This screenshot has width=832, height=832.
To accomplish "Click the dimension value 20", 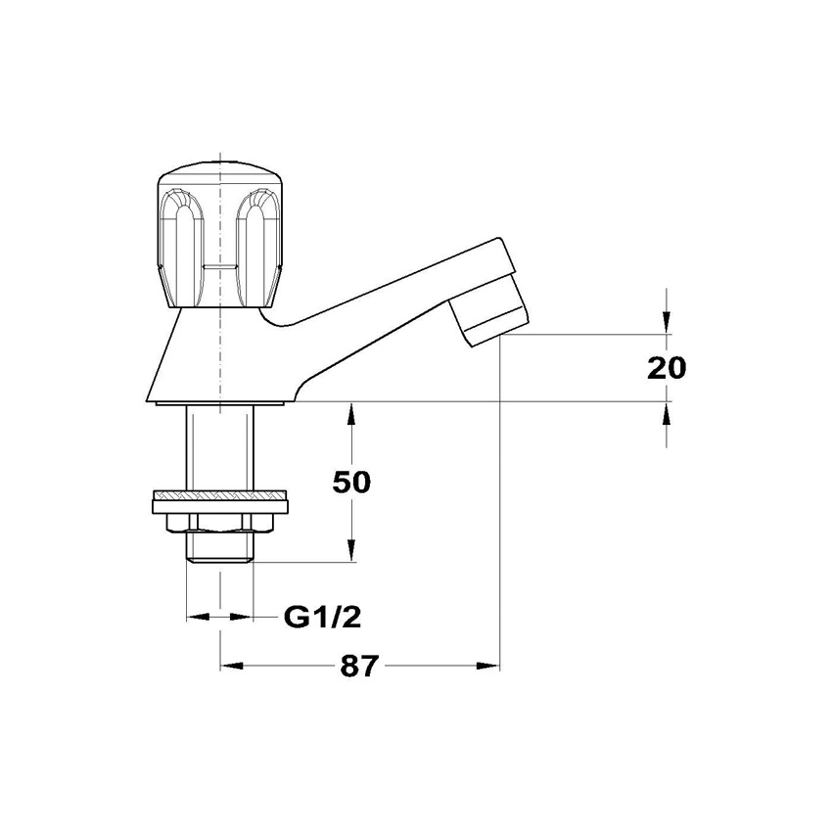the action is point(667,368).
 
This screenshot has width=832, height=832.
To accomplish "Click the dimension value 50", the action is point(351,483).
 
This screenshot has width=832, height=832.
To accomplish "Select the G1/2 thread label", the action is point(323,617).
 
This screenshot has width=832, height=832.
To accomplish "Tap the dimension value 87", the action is point(360,666).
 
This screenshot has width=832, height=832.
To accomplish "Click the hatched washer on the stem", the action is point(219,495).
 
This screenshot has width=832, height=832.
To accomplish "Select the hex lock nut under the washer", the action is point(219,523).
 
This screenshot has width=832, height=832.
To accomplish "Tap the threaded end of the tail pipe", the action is point(219,545).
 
